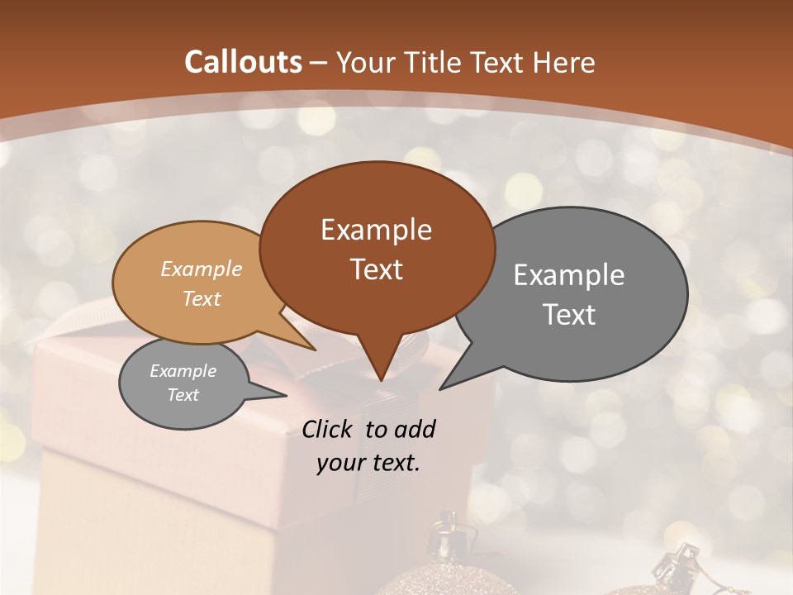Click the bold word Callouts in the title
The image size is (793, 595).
[243, 62]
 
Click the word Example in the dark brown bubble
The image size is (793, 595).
[376, 230]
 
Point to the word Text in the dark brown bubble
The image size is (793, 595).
[376, 269]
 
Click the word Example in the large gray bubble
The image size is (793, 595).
[569, 275]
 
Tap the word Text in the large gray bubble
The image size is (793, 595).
[569, 315]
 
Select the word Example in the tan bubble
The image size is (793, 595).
[202, 269]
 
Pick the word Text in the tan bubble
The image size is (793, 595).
[202, 298]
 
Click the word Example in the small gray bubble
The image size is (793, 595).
[183, 371]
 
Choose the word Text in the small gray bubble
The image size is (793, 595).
[183, 395]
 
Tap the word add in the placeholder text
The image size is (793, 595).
[415, 429]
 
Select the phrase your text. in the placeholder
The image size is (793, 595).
[368, 463]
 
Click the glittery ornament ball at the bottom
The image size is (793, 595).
[446, 578]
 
